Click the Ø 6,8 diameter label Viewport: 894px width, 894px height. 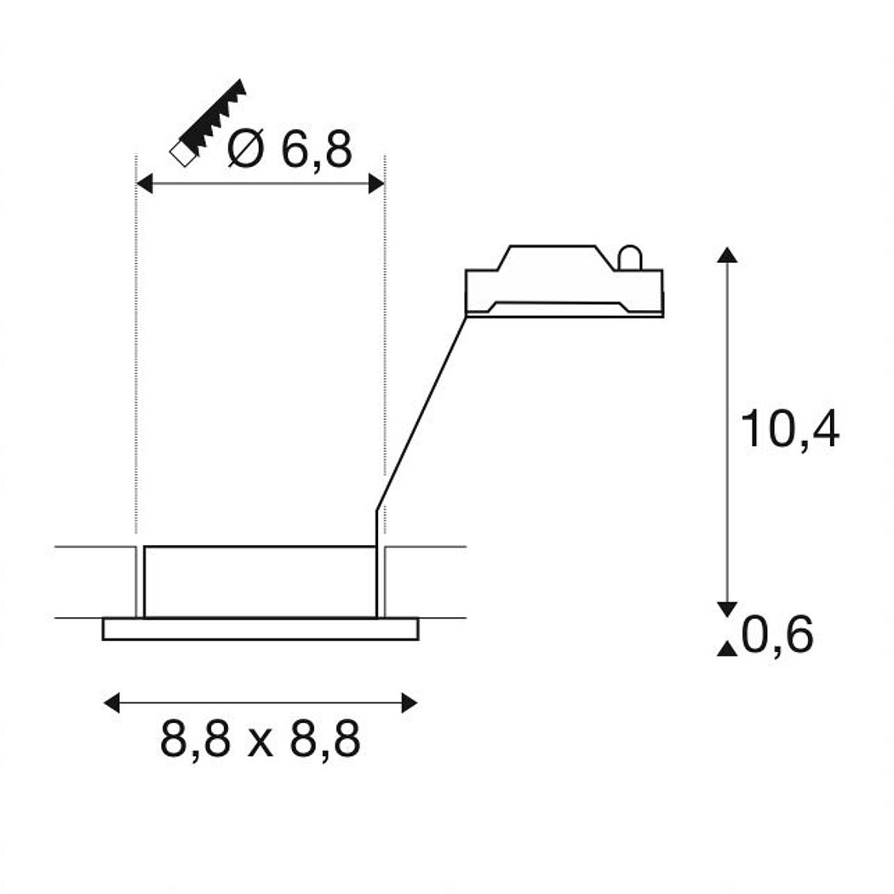point(289,149)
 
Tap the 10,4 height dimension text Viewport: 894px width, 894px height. point(789,429)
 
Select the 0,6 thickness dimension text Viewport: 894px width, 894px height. point(777,635)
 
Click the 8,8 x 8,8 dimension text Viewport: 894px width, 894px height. point(260,740)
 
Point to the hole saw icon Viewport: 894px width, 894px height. point(209,123)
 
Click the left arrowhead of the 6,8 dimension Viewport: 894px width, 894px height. point(145,184)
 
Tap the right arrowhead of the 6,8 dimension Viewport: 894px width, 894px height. point(376,184)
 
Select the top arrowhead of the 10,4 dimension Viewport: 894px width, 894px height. point(727,255)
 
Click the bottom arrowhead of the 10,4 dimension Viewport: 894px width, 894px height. point(727,610)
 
